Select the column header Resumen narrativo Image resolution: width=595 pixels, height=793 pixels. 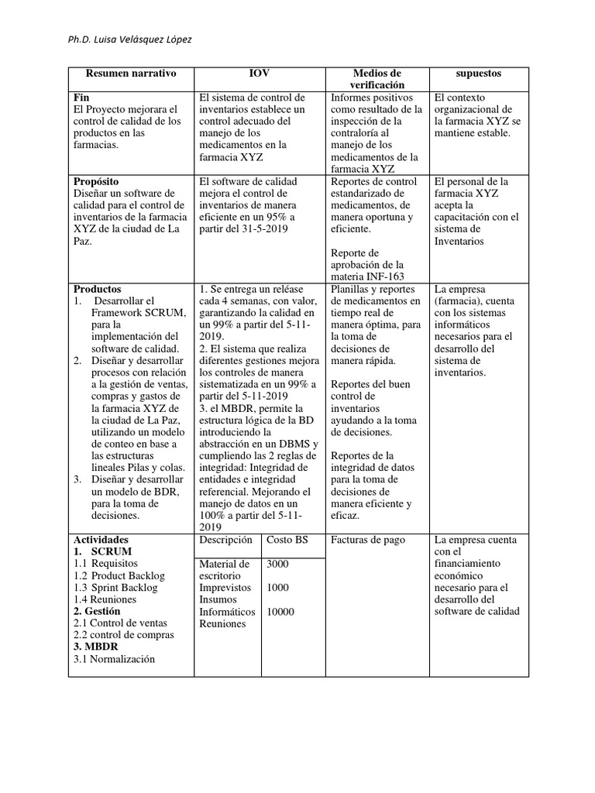point(130,74)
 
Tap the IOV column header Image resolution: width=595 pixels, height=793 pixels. point(260,74)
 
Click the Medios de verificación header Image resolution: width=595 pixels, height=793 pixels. point(377,79)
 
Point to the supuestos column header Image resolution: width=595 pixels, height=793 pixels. point(479,74)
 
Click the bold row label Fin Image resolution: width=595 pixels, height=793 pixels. point(81,98)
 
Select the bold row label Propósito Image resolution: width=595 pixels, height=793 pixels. point(97,182)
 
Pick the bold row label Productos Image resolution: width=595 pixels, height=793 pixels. point(97,290)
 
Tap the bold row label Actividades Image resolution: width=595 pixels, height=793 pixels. point(101,540)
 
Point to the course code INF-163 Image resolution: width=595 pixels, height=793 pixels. point(380,276)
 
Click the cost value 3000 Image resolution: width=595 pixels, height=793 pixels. point(278,565)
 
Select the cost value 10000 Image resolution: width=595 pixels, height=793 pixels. point(280,612)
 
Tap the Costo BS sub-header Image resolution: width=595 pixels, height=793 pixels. point(287,540)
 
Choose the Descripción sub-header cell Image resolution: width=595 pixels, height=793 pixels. point(225,540)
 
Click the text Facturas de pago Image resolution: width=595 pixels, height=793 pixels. point(367,540)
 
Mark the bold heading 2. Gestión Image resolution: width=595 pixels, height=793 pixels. point(98,611)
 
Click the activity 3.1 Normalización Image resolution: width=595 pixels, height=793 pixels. point(114,659)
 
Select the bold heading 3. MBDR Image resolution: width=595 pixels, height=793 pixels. point(95,647)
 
